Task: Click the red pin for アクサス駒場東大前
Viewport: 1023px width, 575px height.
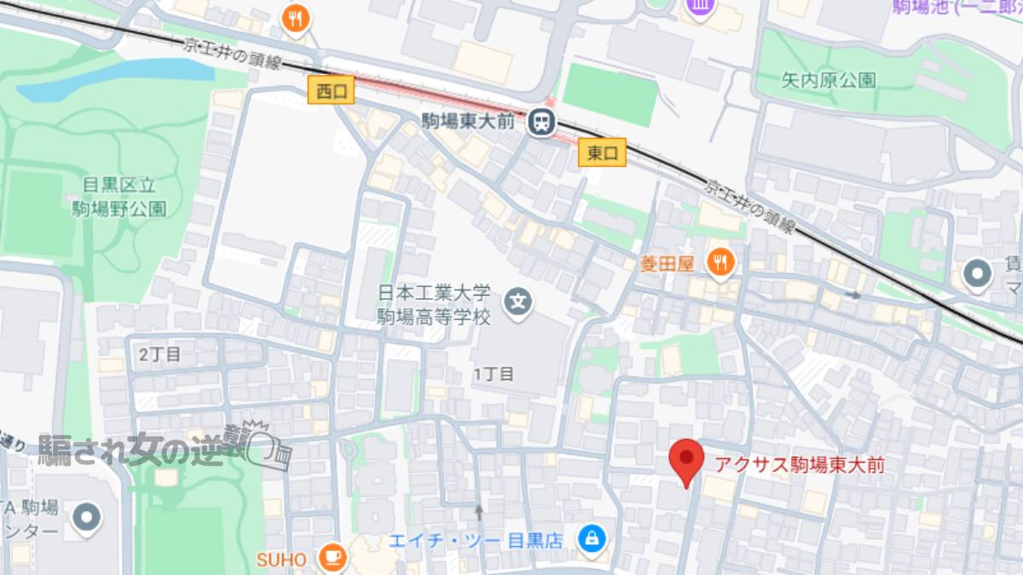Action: (x=685, y=460)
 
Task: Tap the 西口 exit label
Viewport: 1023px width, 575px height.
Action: (x=332, y=91)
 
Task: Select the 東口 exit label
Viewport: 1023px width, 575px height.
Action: (x=602, y=152)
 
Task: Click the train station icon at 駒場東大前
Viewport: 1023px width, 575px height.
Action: (x=540, y=123)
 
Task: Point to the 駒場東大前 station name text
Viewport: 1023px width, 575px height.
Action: (x=468, y=122)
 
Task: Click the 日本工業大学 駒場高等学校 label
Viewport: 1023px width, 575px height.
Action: (x=435, y=306)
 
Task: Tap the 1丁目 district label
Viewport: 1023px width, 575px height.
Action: (x=494, y=374)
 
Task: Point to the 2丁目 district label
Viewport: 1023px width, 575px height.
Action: (x=159, y=354)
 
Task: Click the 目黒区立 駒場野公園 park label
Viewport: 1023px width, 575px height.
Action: (x=118, y=198)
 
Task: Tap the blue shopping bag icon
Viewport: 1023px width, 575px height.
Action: (x=590, y=538)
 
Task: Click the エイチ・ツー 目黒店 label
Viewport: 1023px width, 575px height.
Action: (x=476, y=540)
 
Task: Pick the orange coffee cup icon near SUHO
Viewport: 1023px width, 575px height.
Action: (x=332, y=558)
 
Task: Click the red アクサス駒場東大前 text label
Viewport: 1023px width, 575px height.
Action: (x=799, y=465)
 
